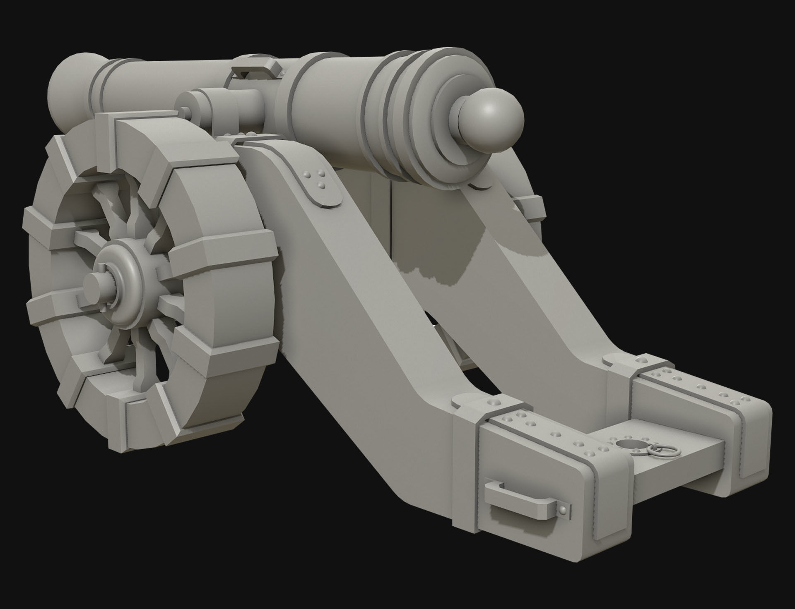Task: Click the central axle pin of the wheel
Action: pos(97,285)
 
